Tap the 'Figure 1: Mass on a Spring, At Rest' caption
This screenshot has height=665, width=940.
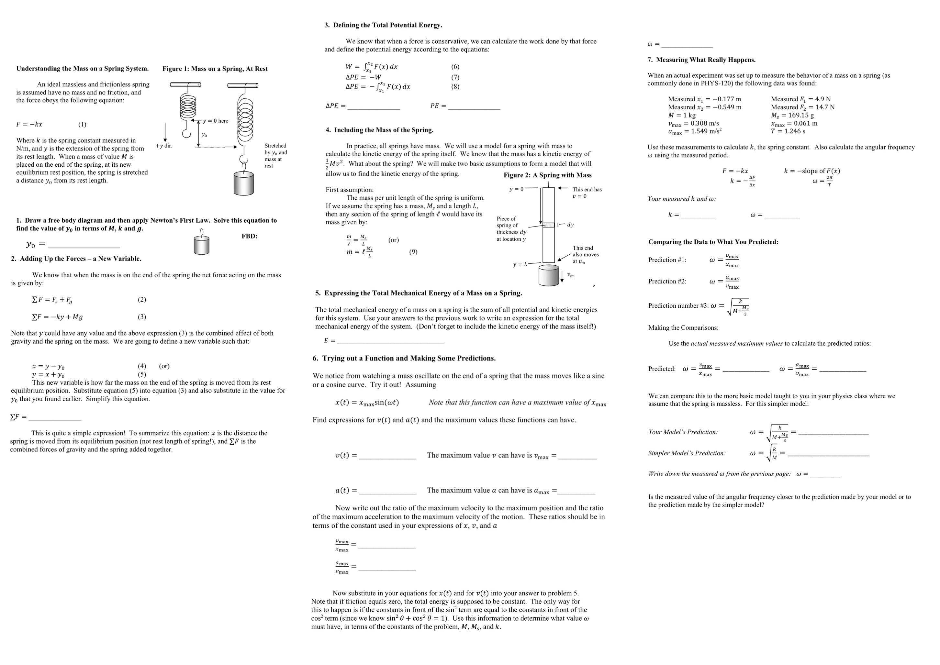[x=215, y=69]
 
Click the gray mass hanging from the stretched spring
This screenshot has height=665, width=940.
[x=243, y=183]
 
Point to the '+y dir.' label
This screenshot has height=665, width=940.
[x=164, y=146]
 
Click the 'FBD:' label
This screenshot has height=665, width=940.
[x=250, y=236]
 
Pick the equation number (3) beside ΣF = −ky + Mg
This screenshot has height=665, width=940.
[x=142, y=317]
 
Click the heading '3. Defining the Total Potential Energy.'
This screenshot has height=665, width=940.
[x=383, y=25]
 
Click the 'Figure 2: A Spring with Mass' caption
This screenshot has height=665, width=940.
[x=547, y=175]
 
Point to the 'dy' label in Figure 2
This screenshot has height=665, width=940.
[x=570, y=225]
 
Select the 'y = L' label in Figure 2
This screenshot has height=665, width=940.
[x=520, y=264]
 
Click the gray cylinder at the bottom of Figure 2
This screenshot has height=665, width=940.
[x=548, y=275]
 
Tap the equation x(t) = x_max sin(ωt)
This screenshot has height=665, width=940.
[x=367, y=403]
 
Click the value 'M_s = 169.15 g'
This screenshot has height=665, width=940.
[x=792, y=116]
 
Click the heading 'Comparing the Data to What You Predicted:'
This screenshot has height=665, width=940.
[x=713, y=242]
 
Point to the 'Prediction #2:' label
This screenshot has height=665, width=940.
[x=667, y=281]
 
